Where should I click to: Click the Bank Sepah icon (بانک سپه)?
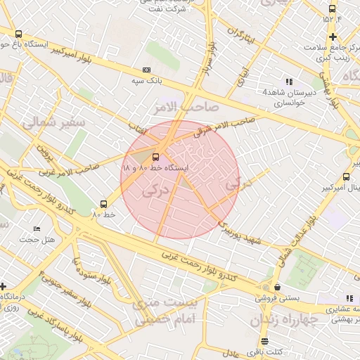click(146, 70)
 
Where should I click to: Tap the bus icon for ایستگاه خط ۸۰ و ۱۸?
click(155, 157)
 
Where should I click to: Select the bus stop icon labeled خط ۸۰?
click(104, 203)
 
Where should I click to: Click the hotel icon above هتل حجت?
click(37, 229)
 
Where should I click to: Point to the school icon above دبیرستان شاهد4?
click(289, 82)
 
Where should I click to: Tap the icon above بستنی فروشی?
click(278, 287)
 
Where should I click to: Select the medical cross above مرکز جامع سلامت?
click(333, 37)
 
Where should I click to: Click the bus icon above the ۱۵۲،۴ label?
click(332, 8)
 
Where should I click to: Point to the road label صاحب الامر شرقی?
click(219, 125)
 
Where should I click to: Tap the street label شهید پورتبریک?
click(241, 233)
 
